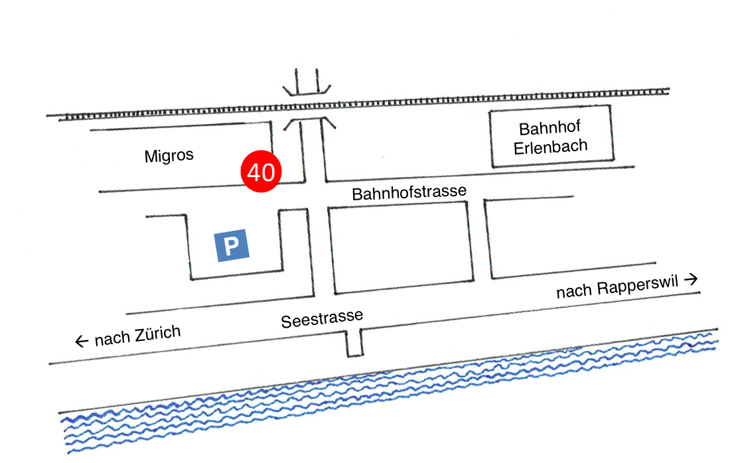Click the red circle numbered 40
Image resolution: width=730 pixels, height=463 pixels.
coord(261,172)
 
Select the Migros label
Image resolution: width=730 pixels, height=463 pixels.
coord(169,156)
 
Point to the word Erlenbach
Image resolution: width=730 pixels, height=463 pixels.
coord(551,146)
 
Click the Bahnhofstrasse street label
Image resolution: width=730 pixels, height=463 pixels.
coord(409,192)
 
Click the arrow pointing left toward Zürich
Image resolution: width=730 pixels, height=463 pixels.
coord(82,342)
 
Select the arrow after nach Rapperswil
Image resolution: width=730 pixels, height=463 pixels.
coord(692,279)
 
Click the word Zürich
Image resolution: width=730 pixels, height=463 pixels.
coord(157,333)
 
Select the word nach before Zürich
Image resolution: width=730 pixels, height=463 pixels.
coord(111,339)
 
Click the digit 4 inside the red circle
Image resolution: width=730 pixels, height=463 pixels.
coord(254,172)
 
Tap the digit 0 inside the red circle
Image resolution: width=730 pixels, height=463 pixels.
coord(268,172)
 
